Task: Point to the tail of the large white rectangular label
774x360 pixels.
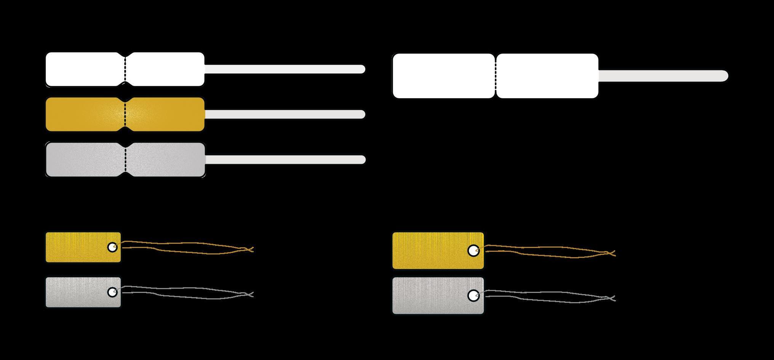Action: (663, 76)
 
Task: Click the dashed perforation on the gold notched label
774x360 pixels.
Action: (125, 114)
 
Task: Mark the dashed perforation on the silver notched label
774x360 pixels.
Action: (125, 160)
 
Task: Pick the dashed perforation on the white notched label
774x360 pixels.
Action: (125, 69)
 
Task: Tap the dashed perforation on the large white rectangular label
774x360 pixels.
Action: (496, 76)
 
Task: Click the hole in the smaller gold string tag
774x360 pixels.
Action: (112, 247)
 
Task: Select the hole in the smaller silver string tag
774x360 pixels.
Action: (112, 292)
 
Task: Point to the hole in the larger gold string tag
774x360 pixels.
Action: (473, 251)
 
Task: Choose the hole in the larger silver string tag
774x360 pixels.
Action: (473, 296)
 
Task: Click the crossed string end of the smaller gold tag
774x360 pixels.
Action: (249, 250)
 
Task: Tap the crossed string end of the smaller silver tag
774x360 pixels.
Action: (249, 294)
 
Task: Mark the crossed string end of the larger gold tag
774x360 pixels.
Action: (611, 253)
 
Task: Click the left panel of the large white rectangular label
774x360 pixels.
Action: (444, 76)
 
